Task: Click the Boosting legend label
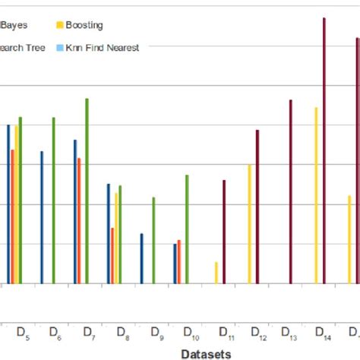pyautogui.click(x=84, y=25)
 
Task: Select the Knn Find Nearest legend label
pyautogui.click(x=103, y=48)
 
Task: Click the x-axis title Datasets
pyautogui.click(x=206, y=353)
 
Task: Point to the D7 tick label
pyautogui.click(x=89, y=332)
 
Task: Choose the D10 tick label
pyautogui.click(x=191, y=333)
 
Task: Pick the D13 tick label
pyautogui.click(x=289, y=333)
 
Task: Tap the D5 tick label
pyautogui.click(x=23, y=332)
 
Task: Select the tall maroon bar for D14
pyautogui.click(x=324, y=152)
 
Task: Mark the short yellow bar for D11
pyautogui.click(x=216, y=273)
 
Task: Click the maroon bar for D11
pyautogui.click(x=224, y=232)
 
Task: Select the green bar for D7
pyautogui.click(x=87, y=191)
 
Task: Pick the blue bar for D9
pyautogui.click(x=141, y=258)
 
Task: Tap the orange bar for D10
pyautogui.click(x=179, y=261)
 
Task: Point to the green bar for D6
pyautogui.click(x=53, y=201)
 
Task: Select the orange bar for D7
pyautogui.click(x=79, y=220)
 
